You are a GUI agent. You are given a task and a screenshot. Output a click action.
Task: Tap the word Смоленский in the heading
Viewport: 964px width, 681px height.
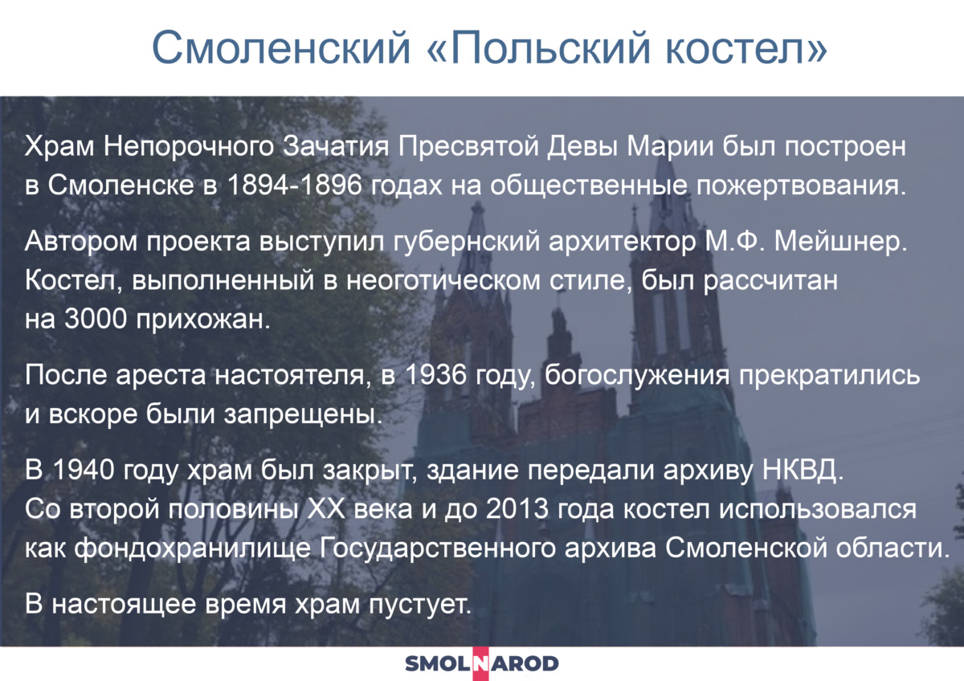pyautogui.click(x=281, y=47)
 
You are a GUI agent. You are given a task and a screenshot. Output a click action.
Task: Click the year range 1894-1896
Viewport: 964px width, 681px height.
pyautogui.click(x=294, y=185)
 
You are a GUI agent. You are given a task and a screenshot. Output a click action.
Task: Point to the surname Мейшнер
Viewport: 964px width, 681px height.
pyautogui.click(x=840, y=242)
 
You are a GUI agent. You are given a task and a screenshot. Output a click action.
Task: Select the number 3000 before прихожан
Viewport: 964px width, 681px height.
pyautogui.click(x=96, y=319)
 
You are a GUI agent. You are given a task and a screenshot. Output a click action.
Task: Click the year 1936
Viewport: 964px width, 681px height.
pyautogui.click(x=436, y=375)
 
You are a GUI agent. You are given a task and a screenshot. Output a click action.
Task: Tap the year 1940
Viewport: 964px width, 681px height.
pyautogui.click(x=84, y=469)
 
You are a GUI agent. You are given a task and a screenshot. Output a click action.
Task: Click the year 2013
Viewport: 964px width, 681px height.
pyautogui.click(x=517, y=508)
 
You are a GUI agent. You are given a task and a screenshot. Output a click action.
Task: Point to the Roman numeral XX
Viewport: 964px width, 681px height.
pyautogui.click(x=326, y=508)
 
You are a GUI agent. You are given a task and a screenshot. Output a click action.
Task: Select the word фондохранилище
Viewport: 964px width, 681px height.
pyautogui.click(x=192, y=548)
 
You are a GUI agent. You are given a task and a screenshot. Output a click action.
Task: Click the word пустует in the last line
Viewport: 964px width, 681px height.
pyautogui.click(x=420, y=605)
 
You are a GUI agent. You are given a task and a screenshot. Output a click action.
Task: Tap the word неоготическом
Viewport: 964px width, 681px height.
pyautogui.click(x=443, y=280)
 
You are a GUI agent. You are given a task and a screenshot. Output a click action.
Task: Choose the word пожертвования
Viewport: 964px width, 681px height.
pyautogui.click(x=802, y=186)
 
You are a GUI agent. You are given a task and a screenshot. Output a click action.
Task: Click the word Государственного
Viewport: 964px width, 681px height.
pyautogui.click(x=438, y=548)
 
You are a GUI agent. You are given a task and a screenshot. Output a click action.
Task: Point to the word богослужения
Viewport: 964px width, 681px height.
pyautogui.click(x=637, y=376)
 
